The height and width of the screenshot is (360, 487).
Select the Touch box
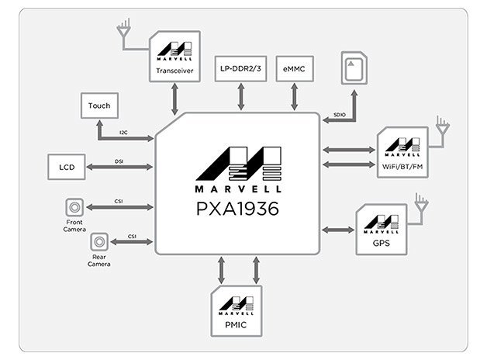(99, 106)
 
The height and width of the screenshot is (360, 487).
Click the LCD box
(66, 167)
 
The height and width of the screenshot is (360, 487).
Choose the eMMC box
(295, 69)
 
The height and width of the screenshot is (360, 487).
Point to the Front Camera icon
(75, 206)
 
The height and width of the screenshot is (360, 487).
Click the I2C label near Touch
(124, 133)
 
